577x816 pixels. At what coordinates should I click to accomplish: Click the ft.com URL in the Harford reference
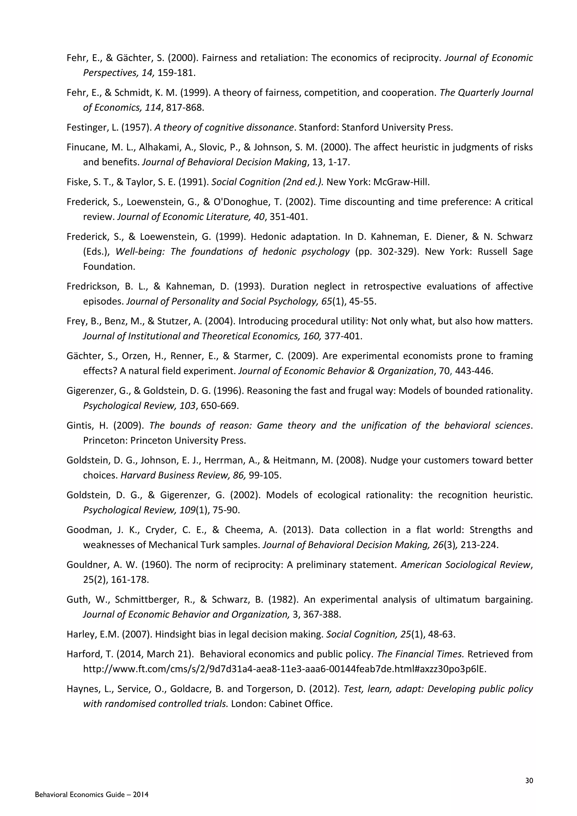(284, 669)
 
